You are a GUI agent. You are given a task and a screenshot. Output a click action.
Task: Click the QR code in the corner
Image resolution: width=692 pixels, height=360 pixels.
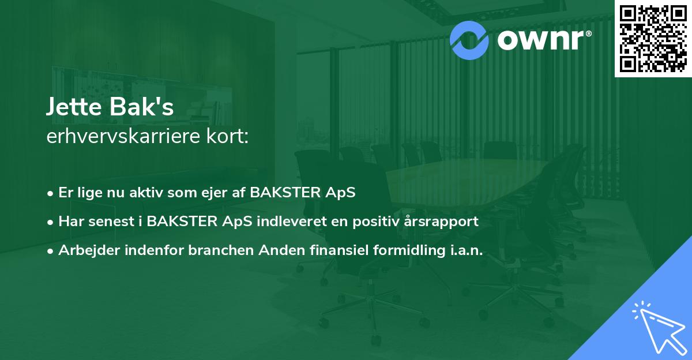click(653, 39)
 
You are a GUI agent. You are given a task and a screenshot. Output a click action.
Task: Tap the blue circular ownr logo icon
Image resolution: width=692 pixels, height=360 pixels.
click(469, 40)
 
